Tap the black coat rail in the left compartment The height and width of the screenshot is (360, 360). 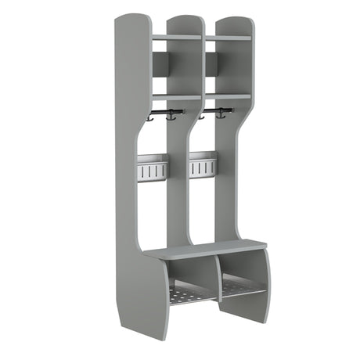click(x=166, y=113)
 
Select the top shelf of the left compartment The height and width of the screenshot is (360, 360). click(x=176, y=37)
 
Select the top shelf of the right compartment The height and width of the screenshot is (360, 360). click(x=228, y=38)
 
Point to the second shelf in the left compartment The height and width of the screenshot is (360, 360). click(x=176, y=98)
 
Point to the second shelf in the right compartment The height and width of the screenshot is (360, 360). click(x=228, y=96)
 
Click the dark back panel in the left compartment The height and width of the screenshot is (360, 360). click(x=159, y=66)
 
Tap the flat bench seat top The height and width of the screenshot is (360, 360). click(x=205, y=250)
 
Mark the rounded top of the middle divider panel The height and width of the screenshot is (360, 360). click(x=185, y=18)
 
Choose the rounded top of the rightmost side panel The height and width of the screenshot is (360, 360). click(x=232, y=17)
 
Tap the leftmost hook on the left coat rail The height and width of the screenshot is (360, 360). click(x=148, y=118)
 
